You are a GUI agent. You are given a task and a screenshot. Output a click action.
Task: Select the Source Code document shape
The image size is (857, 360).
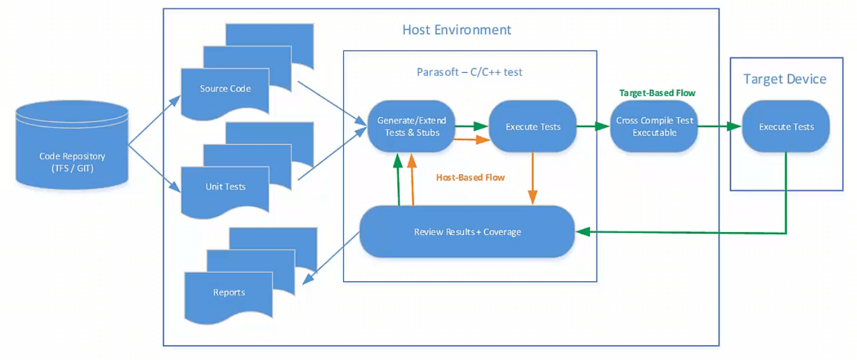[x=225, y=90]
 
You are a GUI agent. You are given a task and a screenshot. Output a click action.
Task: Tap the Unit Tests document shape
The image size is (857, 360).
[x=225, y=187]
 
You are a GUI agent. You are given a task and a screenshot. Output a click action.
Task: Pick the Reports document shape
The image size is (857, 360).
[x=229, y=293]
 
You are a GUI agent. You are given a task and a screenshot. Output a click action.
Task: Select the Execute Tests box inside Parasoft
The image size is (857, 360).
[x=533, y=126]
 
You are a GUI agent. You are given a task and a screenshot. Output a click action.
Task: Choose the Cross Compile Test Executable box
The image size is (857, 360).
[x=653, y=126]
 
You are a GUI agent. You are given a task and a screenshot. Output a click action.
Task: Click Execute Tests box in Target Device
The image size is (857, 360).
[x=786, y=126]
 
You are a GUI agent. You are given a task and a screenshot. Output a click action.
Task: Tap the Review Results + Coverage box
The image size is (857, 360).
[x=467, y=232]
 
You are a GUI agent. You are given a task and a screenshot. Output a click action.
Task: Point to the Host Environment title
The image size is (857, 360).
[x=457, y=30]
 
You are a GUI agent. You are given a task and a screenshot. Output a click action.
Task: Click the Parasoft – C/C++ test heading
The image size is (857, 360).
[x=469, y=72]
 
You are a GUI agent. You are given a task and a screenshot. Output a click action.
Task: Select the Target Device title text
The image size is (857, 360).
[x=785, y=79]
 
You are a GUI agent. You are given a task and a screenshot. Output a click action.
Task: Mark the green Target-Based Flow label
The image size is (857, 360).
[x=656, y=93]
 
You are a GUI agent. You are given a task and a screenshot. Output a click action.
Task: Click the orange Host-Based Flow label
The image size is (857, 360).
[x=470, y=178]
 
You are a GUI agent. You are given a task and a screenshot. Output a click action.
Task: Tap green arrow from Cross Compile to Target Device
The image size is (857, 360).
[x=719, y=126]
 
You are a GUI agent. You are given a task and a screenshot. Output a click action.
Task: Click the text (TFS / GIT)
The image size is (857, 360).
[x=72, y=168]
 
